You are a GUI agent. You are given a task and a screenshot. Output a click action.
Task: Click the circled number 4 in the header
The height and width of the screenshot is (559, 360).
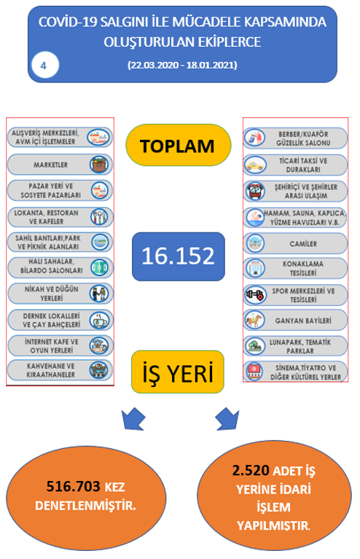(45, 65)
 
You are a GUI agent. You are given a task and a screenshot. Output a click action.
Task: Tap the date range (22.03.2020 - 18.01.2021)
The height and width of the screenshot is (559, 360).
(182, 65)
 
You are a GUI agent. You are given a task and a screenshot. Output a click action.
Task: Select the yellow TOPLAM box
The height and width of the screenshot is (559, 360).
(179, 145)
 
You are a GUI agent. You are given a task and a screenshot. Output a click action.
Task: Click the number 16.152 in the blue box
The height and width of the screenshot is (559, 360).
(179, 256)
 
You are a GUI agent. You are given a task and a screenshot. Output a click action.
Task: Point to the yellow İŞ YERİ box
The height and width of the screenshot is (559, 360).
(178, 372)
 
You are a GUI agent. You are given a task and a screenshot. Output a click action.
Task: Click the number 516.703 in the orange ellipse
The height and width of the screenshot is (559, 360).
(74, 486)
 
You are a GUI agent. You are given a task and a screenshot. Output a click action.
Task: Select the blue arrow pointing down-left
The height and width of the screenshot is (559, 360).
(133, 418)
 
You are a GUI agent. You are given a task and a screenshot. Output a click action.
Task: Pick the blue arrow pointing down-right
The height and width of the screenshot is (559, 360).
(228, 418)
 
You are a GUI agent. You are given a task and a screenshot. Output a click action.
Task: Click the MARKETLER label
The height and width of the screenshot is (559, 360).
(50, 165)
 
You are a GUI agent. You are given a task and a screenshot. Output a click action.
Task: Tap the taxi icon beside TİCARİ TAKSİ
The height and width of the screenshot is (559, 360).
(255, 165)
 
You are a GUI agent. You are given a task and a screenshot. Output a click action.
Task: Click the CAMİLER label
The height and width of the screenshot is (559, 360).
(303, 244)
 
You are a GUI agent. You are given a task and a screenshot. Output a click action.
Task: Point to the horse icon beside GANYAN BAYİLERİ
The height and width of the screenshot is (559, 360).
(254, 320)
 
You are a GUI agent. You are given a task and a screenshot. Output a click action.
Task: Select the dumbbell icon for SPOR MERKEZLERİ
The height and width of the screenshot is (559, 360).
(255, 295)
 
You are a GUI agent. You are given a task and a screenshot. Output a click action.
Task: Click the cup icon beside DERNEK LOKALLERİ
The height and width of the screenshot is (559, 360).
(99, 320)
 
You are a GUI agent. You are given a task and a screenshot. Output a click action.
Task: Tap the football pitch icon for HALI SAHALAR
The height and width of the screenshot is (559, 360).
(99, 267)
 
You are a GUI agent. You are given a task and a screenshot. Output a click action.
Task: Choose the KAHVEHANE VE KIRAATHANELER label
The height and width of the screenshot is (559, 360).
(50, 370)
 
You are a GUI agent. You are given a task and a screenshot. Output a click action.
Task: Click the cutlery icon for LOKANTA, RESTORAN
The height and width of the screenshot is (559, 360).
(99, 216)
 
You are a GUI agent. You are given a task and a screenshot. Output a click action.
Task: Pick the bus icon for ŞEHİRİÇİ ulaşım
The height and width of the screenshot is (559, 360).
(255, 191)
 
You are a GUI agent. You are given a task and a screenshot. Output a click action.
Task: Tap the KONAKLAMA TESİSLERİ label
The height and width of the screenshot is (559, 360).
(303, 268)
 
